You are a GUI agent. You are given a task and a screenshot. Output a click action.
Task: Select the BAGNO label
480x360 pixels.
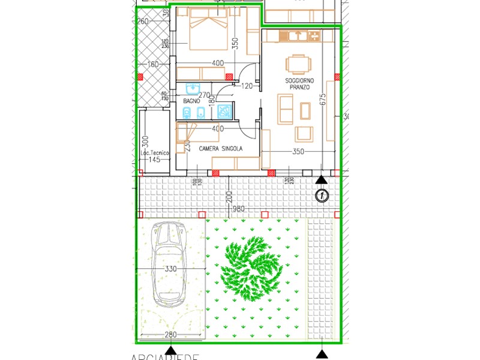pyautogui.click(x=191, y=101)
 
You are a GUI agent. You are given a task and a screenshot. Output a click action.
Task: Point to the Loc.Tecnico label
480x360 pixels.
pyautogui.click(x=155, y=154)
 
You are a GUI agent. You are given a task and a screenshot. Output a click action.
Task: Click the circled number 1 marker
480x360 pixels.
pyautogui.click(x=322, y=194)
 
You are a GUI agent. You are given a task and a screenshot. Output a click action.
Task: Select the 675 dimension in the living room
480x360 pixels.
pyautogui.click(x=323, y=100)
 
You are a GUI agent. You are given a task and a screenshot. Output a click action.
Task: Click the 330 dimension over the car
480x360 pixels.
pyautogui.click(x=170, y=269)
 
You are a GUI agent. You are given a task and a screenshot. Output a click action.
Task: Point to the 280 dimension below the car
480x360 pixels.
pyautogui.click(x=170, y=335)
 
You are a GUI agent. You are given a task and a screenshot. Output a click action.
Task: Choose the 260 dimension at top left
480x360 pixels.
pyautogui.click(x=143, y=22)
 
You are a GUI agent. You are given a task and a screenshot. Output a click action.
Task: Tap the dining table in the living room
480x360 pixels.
pyautogui.click(x=299, y=64)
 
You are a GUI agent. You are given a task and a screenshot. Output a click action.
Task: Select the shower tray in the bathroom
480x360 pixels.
pyautogui.click(x=224, y=111)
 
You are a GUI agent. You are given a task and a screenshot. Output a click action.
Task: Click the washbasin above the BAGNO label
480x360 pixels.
pyautogui.click(x=193, y=88)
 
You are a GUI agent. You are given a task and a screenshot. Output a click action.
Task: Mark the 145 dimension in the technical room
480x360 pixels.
pyautogui.click(x=154, y=160)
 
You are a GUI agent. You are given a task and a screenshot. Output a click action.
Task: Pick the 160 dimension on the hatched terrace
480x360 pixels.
pyautogui.click(x=152, y=64)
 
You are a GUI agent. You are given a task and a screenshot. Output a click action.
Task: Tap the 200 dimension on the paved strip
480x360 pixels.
pyautogui.click(x=229, y=197)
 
